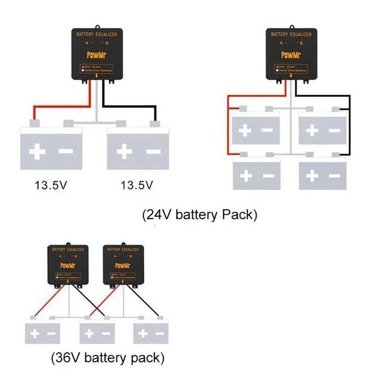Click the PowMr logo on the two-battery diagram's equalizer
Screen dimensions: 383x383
tap(97, 55)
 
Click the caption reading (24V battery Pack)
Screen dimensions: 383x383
tap(200, 215)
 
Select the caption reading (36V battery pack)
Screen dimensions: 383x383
tap(107, 358)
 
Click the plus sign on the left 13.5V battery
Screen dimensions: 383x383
tap(38, 152)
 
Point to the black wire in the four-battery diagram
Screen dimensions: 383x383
tap(348, 129)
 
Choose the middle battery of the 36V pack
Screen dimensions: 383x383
tap(97, 333)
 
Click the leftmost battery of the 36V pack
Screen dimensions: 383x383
tap(43, 333)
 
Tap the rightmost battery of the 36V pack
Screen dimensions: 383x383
tap(152, 333)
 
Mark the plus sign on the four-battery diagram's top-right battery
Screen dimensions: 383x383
tap(312, 131)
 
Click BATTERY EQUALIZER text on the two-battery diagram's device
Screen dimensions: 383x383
tap(97, 34)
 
